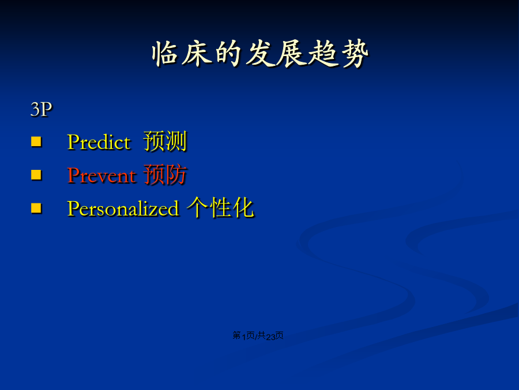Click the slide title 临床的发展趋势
pos(260,54)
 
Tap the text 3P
pos(42,109)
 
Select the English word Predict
pos(99,142)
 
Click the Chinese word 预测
pos(165,142)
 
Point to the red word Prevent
pos(101,176)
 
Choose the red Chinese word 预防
pos(165,174)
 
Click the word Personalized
pos(123,209)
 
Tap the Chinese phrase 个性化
pos(220,207)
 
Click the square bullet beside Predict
pos(36,142)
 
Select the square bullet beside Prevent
pos(36,174)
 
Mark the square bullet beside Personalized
pos(36,208)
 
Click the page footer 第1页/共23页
pos(258,336)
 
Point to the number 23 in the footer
pos(270,337)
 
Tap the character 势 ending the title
pos(355,54)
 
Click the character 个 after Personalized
pos(198,207)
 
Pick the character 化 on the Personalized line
pos(243,207)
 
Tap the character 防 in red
pos(176,174)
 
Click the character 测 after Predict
pos(176,142)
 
